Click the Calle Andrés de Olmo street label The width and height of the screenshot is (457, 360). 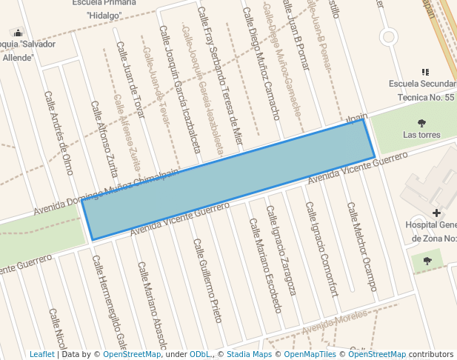click(59, 133)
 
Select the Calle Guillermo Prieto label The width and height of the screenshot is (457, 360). click(207, 280)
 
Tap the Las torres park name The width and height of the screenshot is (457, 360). click(421, 135)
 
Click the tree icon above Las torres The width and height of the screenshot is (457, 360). click(422, 123)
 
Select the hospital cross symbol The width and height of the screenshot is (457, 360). click(436, 213)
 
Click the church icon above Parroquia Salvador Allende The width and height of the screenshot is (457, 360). click(18, 33)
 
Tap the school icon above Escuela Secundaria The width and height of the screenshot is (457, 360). click(425, 72)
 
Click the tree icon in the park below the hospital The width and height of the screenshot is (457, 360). click(427, 261)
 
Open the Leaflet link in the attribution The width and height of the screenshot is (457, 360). click(41, 355)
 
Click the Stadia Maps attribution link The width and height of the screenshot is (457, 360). click(249, 355)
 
